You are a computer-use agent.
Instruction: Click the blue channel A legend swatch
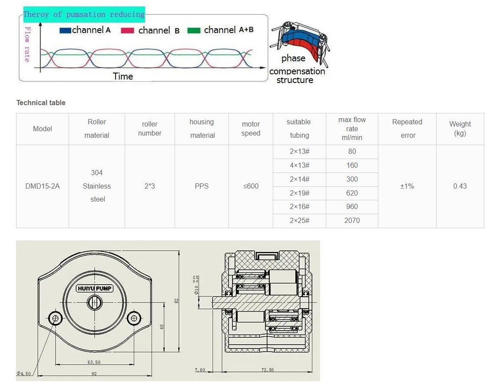(x=65, y=30)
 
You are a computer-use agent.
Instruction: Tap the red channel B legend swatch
(x=127, y=30)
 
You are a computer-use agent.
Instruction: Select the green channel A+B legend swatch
(x=194, y=30)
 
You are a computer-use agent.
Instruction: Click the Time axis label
(x=123, y=76)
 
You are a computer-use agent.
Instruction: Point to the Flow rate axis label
(x=27, y=44)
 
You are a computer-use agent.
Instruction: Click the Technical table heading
(x=41, y=103)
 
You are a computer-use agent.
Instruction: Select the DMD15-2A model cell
(x=43, y=186)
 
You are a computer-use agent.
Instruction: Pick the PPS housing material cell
(x=202, y=186)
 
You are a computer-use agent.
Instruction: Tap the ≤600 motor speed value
(x=251, y=186)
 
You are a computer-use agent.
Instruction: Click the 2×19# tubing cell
(x=299, y=193)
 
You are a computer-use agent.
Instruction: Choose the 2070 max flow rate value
(x=352, y=221)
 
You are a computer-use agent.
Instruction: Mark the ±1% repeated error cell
(x=407, y=186)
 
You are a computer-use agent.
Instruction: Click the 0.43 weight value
(x=460, y=186)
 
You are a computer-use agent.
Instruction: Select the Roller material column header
(x=97, y=129)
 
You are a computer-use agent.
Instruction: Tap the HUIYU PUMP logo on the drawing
(x=95, y=288)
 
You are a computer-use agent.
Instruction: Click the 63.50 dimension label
(x=94, y=362)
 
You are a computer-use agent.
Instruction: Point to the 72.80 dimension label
(x=268, y=370)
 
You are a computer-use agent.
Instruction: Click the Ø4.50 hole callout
(x=24, y=373)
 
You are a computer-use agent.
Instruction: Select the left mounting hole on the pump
(x=55, y=319)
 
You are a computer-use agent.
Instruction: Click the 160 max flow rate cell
(x=352, y=165)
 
